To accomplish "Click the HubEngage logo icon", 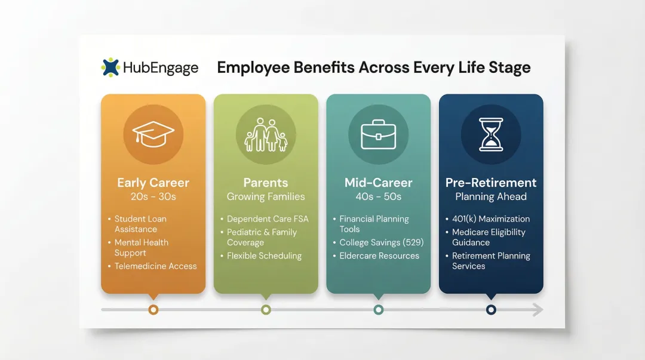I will (110, 67).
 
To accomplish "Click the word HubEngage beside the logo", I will (160, 68).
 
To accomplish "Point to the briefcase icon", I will (378, 134).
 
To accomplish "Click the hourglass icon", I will (491, 134).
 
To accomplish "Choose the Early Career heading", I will (153, 183).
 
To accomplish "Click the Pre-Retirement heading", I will (491, 183).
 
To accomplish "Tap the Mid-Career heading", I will (378, 183).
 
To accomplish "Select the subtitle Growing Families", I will (266, 196).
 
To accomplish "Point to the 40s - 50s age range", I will (378, 196).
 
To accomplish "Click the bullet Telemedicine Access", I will (155, 266).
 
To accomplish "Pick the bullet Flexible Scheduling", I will (264, 256).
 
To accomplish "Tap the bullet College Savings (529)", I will (379, 242).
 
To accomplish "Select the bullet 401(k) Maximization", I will (491, 219).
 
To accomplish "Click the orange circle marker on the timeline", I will (153, 309).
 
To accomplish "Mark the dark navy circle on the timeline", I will (491, 309).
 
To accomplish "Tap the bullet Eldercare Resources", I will (379, 256).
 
